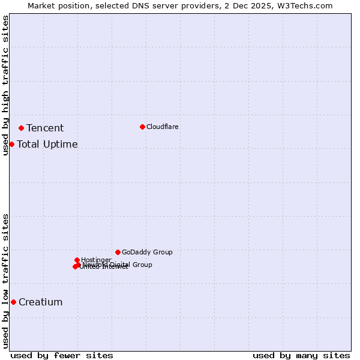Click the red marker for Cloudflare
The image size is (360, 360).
[142, 127]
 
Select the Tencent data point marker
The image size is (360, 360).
[21, 128]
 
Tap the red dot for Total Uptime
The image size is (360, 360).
[11, 144]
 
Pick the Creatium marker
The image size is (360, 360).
[13, 302]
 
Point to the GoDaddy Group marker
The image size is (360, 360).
[118, 252]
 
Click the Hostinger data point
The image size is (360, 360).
[77, 260]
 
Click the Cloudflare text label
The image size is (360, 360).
[162, 127]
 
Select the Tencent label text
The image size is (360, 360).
[45, 128]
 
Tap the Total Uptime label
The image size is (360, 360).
[47, 144]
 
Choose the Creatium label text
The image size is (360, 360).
[40, 302]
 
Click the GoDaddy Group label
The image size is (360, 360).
[146, 252]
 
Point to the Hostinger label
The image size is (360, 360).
[96, 260]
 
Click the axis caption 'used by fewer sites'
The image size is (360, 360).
[62, 355]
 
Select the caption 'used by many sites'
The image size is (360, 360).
[301, 355]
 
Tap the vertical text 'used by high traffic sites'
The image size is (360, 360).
[5, 85]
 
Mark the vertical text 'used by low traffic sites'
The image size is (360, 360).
[5, 280]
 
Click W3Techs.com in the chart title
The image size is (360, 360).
[305, 5]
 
